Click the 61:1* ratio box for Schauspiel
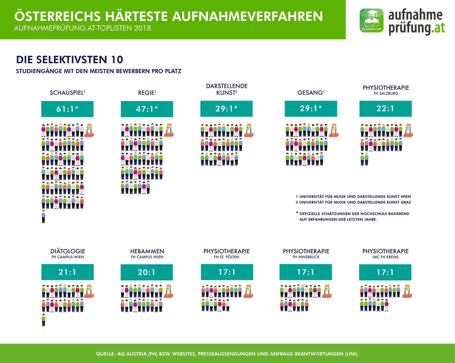[67, 109]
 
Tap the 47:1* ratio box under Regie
[147, 109]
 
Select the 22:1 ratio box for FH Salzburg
[385, 109]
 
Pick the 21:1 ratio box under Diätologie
[67, 272]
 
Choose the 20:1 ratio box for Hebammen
[147, 272]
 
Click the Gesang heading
[311, 93]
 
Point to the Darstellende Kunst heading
[227, 89]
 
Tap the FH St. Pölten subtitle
[227, 257]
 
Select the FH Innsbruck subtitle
[306, 257]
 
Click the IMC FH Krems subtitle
[385, 257]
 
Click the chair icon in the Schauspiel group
[89, 130]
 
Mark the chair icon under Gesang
[334, 130]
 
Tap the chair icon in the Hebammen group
[168, 291]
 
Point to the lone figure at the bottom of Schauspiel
[43, 217]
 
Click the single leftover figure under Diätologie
[44, 320]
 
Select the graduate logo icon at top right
[371, 21]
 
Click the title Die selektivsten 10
[70, 60]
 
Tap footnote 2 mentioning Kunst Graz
[353, 202]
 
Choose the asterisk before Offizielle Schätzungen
[297, 213]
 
